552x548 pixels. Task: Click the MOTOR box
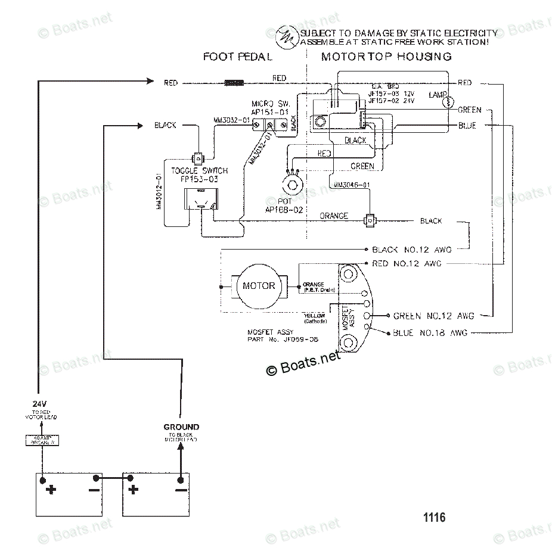pos(259,286)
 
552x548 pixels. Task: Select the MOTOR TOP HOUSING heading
pos(386,57)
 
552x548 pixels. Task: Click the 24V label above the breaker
pos(39,404)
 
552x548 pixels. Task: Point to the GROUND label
pos(181,427)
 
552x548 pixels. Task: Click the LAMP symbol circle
pos(448,103)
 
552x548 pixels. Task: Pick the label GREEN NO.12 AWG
pos(434,316)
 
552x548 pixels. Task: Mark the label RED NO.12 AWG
pos(407,264)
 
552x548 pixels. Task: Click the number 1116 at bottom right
pos(434,518)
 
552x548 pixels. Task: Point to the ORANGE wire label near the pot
pos(334,216)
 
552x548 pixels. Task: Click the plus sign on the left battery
pos(52,490)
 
